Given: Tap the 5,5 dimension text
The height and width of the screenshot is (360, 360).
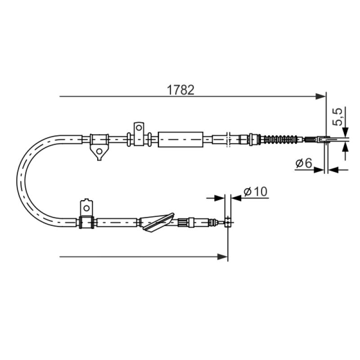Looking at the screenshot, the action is [x=337, y=117].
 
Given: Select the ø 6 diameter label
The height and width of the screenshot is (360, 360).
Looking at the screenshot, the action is [x=304, y=163].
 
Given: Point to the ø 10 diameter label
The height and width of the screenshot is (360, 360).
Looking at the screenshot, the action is [x=256, y=192].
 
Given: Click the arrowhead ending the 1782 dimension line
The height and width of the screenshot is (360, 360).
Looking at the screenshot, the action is [x=321, y=96].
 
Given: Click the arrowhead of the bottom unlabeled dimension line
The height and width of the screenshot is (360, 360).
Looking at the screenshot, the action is [x=222, y=256].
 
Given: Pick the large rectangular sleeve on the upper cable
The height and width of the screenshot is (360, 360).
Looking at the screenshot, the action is [x=181, y=139].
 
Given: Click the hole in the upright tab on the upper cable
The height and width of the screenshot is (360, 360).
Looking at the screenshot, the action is [x=139, y=128].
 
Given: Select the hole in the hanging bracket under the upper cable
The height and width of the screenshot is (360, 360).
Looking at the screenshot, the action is [x=99, y=151].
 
